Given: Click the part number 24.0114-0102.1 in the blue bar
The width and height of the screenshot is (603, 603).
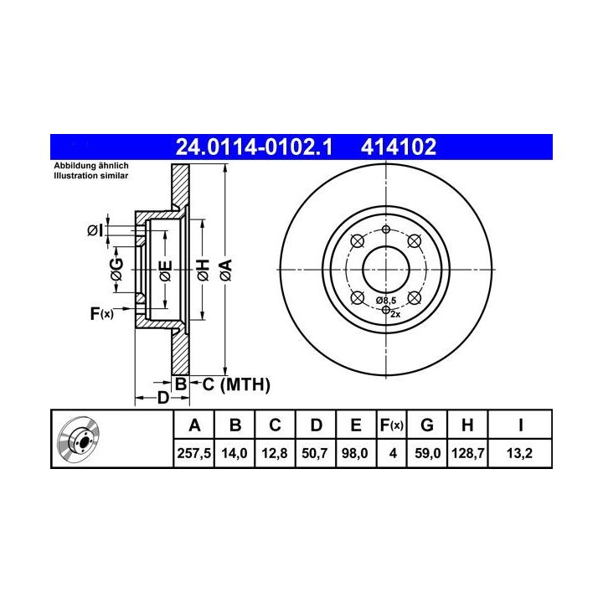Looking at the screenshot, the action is pos(254,147).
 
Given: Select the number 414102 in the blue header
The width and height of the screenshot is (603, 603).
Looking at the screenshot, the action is pos(399,147).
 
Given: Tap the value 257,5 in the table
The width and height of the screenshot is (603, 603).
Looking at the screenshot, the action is pos(193,453).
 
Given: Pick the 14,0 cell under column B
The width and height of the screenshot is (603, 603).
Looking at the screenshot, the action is pos(234,453).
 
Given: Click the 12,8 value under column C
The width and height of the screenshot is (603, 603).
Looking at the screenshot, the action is pos(275,453).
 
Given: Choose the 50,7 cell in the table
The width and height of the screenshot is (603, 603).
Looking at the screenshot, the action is pos(315,453).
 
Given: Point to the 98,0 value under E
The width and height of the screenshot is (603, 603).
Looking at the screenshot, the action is pos(355,453).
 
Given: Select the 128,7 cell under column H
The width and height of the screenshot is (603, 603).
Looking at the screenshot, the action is pos(467,453).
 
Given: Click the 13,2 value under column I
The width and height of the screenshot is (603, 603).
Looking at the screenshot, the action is pos(519,453).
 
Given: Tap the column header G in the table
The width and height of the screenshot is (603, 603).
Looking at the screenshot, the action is pos(427,425).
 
